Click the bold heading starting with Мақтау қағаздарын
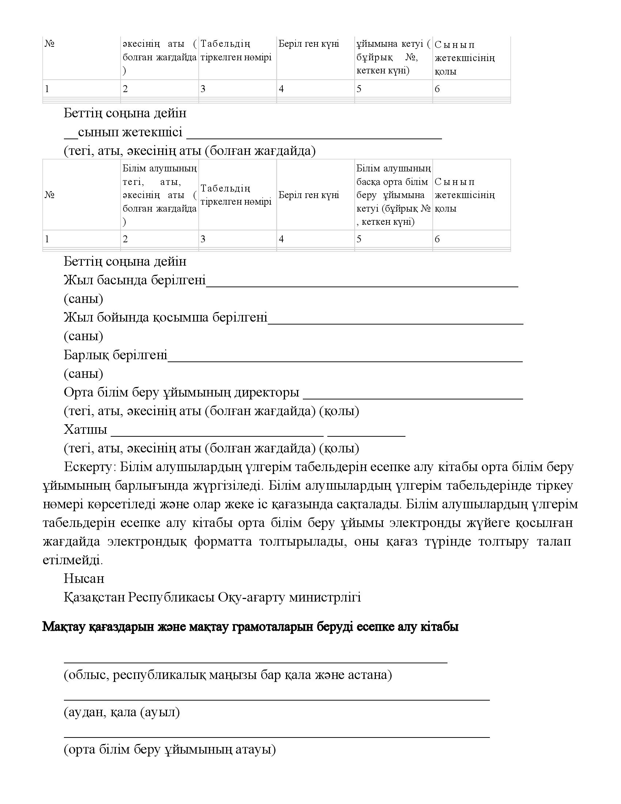point(250,627)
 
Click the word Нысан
point(84,579)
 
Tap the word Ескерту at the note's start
point(87,467)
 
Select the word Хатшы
point(85,429)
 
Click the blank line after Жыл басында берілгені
point(362,285)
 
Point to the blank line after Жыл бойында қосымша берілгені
point(396,323)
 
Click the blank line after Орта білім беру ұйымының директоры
point(413,398)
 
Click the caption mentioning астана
point(228,675)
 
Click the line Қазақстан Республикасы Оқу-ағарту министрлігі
point(212,597)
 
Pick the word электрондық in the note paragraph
point(147,542)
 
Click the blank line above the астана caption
point(256,662)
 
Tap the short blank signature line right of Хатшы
point(366,436)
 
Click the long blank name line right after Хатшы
point(217,436)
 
